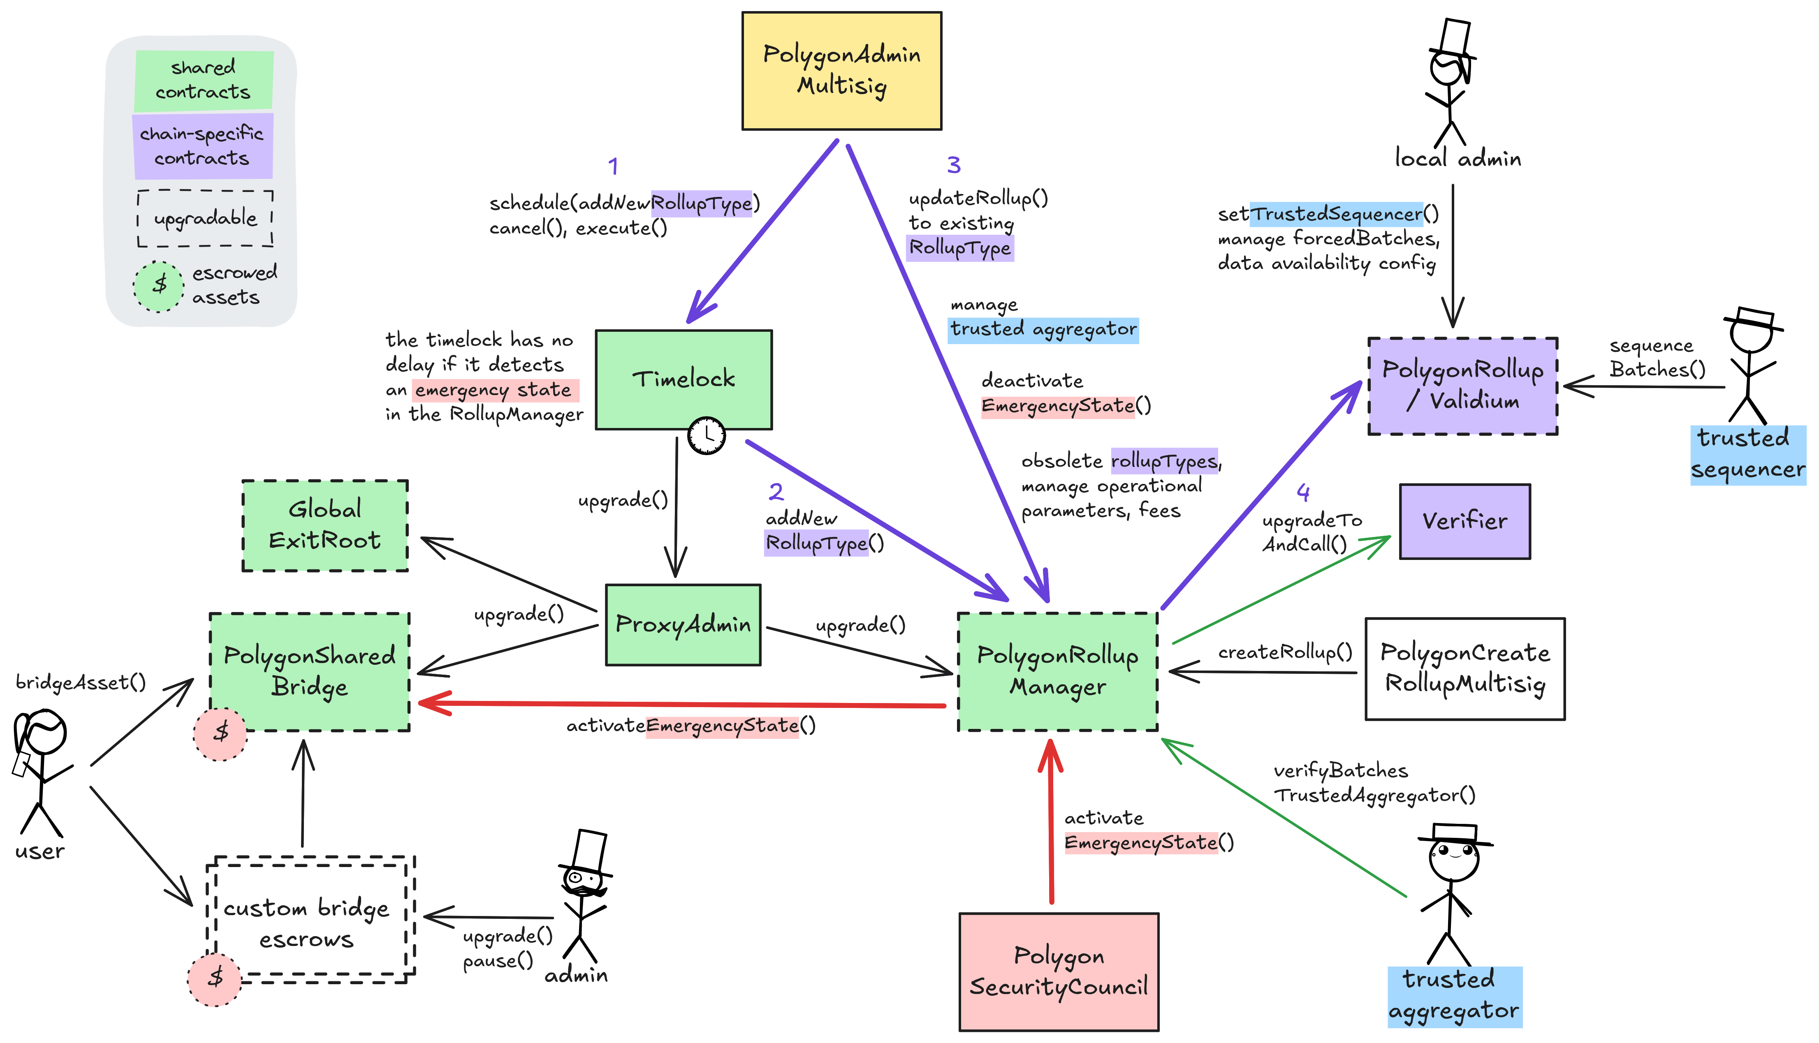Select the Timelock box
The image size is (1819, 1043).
tap(684, 379)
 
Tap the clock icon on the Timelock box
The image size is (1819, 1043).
tap(707, 434)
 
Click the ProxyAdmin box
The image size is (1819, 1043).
tap(683, 624)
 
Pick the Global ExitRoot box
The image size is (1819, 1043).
tap(325, 525)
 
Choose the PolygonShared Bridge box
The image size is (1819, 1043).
tap(310, 671)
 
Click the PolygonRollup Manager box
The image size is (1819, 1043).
tap(1057, 671)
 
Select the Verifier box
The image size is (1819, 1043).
tap(1464, 521)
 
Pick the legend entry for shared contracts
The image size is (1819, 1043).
tap(204, 79)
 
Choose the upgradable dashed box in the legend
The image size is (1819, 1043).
tap(205, 218)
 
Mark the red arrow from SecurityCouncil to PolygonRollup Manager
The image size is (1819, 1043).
tap(1051, 824)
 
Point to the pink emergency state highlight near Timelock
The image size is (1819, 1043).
tap(494, 390)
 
